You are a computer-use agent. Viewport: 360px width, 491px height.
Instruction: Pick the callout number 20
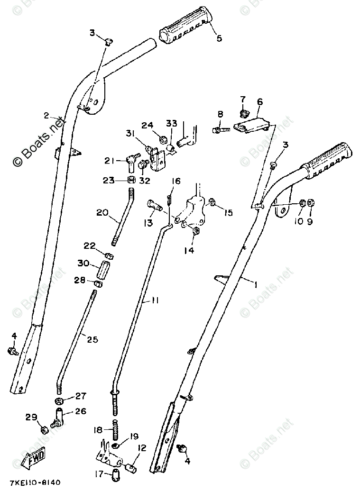click(102, 213)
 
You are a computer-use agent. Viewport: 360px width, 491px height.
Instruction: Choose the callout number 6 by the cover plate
click(260, 101)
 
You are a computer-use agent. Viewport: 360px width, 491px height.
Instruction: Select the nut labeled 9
click(311, 202)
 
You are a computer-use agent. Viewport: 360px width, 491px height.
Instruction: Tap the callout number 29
click(31, 418)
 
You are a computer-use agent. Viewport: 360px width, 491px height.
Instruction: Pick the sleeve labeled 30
click(103, 271)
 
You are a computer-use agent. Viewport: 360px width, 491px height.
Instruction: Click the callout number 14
click(189, 251)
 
